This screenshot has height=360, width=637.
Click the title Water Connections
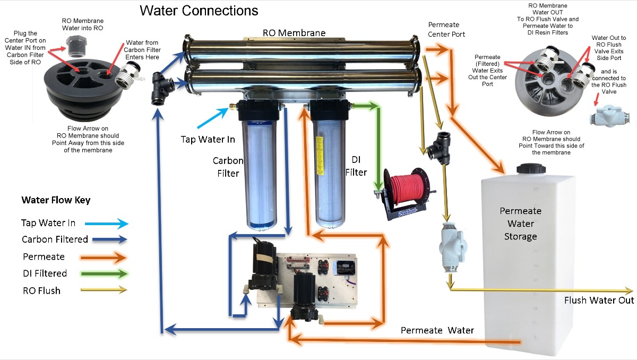click(199, 11)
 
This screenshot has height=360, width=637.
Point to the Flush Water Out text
click(599, 301)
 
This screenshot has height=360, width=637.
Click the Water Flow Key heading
click(56, 200)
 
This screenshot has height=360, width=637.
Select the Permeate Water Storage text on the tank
click(520, 224)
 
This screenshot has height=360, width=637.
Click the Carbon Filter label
click(228, 166)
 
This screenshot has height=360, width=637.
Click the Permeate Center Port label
click(446, 30)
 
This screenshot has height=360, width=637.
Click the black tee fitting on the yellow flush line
click(438, 145)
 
